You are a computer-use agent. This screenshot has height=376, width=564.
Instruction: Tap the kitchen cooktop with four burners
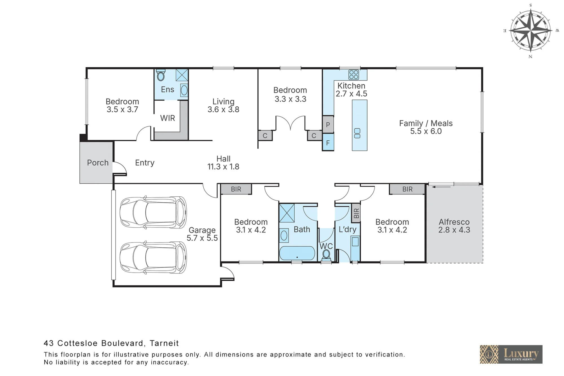(x=354, y=74)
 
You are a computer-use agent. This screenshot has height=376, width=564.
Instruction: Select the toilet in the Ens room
(x=161, y=75)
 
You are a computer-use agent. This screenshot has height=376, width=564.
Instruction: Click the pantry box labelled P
(x=328, y=124)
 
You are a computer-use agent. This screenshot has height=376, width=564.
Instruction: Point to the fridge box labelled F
(x=328, y=142)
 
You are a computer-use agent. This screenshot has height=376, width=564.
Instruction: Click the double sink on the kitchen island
(x=357, y=133)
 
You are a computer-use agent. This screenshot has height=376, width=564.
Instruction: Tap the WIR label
(x=168, y=118)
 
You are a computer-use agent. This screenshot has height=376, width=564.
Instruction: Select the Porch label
(x=98, y=163)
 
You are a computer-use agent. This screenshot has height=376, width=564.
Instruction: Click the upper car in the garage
(x=153, y=212)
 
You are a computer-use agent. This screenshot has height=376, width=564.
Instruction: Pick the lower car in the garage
(x=153, y=257)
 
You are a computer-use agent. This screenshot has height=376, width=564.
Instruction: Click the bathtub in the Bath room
(x=297, y=253)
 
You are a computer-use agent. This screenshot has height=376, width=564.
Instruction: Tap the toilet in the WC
(x=326, y=255)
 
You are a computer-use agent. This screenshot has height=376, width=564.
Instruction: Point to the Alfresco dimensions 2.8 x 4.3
(x=454, y=230)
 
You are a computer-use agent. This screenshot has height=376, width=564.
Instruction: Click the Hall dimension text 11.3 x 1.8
(x=223, y=167)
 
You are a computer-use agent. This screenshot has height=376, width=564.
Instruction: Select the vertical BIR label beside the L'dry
(x=356, y=213)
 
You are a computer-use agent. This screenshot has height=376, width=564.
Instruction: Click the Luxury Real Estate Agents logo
(x=511, y=354)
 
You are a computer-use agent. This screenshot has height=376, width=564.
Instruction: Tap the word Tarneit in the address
(x=164, y=343)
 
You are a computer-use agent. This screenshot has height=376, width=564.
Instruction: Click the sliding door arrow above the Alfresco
(x=441, y=187)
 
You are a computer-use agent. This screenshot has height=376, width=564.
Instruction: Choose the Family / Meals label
(x=426, y=123)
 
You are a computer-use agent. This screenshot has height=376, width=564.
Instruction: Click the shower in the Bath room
(x=287, y=213)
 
